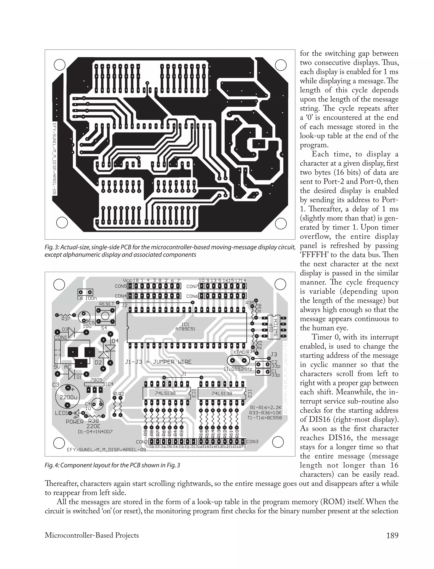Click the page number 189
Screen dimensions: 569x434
pyautogui.click(x=392, y=535)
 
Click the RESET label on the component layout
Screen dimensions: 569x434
pyautogui.click(x=106, y=304)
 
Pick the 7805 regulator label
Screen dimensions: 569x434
pyautogui.click(x=96, y=380)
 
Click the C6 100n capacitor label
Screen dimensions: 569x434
pyautogui.click(x=87, y=298)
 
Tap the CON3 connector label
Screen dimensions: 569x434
pyautogui.click(x=252, y=442)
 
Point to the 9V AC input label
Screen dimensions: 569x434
pyautogui.click(x=62, y=367)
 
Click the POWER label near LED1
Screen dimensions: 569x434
pyautogui.click(x=75, y=421)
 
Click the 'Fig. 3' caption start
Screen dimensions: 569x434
pyautogui.click(x=52, y=247)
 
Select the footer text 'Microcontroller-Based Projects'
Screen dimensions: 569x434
pyautogui.click(x=92, y=535)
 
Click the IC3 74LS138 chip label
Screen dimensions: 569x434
pyautogui.click(x=165, y=393)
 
